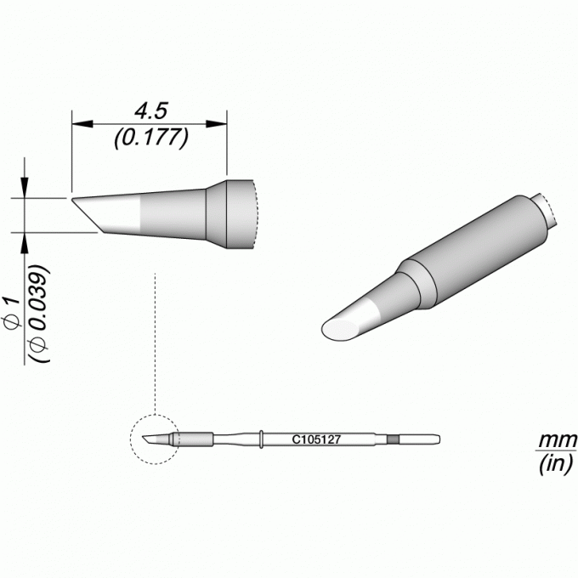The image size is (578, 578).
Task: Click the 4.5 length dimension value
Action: pyautogui.click(x=151, y=111)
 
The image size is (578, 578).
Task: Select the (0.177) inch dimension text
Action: pyautogui.click(x=151, y=139)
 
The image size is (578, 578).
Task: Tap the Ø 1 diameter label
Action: pyautogui.click(x=13, y=312)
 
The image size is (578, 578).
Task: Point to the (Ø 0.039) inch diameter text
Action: pyautogui.click(x=39, y=314)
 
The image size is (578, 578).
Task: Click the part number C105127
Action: pyautogui.click(x=316, y=439)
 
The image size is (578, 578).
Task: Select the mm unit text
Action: pyautogui.click(x=557, y=440)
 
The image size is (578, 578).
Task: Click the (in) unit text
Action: pyautogui.click(x=556, y=463)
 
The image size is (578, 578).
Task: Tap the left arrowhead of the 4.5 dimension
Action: pyautogui.click(x=82, y=124)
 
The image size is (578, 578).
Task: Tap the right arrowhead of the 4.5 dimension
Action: pyautogui.click(x=217, y=124)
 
